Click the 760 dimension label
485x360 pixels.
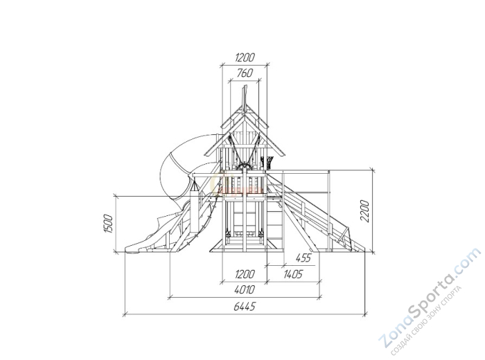coord(245,73)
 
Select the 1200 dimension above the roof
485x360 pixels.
coord(245,57)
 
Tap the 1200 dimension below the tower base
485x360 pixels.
coord(245,274)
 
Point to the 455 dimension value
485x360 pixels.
coord(303,258)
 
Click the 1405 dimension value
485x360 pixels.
coord(293,274)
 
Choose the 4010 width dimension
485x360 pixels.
coord(245,289)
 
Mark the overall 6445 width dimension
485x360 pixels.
coord(245,307)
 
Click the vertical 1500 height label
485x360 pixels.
coord(109,224)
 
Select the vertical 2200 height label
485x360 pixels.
coord(365,210)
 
